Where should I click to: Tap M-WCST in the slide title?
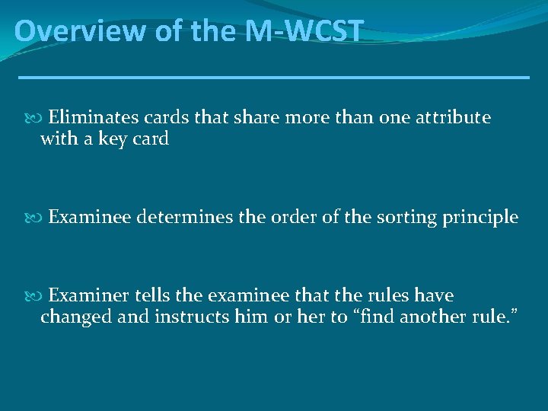304,31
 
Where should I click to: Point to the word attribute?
453,118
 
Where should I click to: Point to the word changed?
74,317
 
